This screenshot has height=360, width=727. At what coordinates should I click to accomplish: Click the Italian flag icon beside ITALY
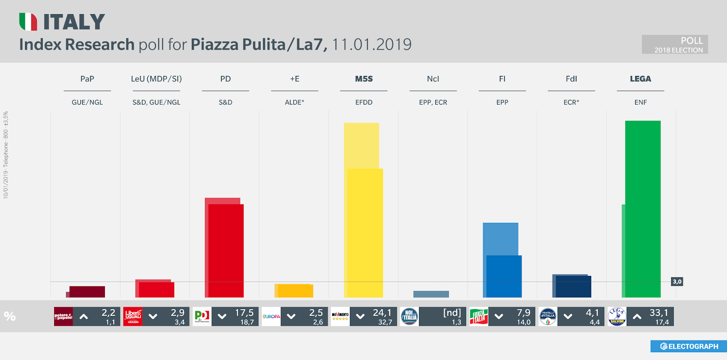(x=28, y=22)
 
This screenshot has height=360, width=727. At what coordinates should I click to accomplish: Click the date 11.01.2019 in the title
(x=371, y=45)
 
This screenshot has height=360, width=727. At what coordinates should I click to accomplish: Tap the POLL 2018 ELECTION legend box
(x=674, y=45)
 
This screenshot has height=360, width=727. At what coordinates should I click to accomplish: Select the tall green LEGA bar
(x=642, y=209)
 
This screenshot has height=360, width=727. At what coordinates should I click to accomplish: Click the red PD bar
(x=225, y=250)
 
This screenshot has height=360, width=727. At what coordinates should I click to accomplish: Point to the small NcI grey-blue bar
(x=431, y=294)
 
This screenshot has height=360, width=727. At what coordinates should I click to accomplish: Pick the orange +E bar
(x=294, y=291)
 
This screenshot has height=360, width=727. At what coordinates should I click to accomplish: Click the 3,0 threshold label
(x=677, y=282)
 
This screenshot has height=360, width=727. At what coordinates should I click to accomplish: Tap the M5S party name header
(x=363, y=79)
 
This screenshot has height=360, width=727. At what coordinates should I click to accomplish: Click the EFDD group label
(x=363, y=102)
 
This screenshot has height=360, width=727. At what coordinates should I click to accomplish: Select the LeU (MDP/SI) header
(x=156, y=79)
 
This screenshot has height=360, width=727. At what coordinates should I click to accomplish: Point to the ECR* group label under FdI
(x=571, y=102)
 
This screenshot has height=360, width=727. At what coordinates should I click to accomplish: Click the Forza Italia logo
(x=478, y=316)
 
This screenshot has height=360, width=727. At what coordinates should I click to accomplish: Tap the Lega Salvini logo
(x=617, y=316)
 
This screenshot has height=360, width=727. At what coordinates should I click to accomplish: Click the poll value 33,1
(x=658, y=313)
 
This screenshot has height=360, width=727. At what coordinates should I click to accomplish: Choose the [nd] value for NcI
(x=452, y=313)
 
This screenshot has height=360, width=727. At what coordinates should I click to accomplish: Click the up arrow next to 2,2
(x=84, y=316)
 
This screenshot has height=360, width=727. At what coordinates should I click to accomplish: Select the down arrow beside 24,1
(x=360, y=316)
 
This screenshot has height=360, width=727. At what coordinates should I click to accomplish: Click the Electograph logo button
(x=688, y=346)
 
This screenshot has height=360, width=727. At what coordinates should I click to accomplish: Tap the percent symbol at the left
(x=10, y=316)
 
